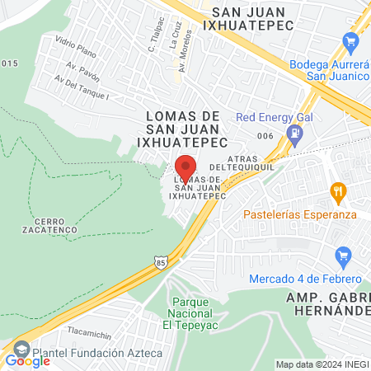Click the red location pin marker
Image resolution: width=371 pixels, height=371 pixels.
[185, 166]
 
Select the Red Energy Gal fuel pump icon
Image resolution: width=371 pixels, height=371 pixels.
[293, 132]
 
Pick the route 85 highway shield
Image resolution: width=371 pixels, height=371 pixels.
[159, 262]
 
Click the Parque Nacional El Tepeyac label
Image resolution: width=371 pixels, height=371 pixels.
[190, 313]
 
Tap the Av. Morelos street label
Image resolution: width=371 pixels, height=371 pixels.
[187, 51]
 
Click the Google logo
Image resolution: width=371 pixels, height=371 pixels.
[27, 360]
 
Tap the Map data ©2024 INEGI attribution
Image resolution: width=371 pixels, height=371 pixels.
[322, 364]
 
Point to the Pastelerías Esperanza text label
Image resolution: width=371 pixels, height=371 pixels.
[299, 214]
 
